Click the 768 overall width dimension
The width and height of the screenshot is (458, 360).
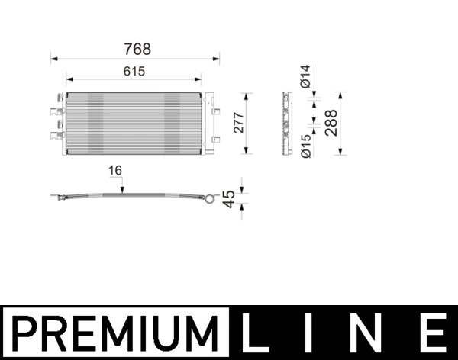137,48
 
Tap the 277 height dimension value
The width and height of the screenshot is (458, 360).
237,122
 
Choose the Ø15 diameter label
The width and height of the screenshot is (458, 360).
305,146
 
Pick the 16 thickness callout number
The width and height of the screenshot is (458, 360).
115,172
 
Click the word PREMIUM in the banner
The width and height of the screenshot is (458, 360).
114,333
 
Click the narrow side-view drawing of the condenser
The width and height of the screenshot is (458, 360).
287,124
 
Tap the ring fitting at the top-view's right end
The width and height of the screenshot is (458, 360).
206,199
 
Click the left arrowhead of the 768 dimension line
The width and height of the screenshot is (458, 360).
53,58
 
